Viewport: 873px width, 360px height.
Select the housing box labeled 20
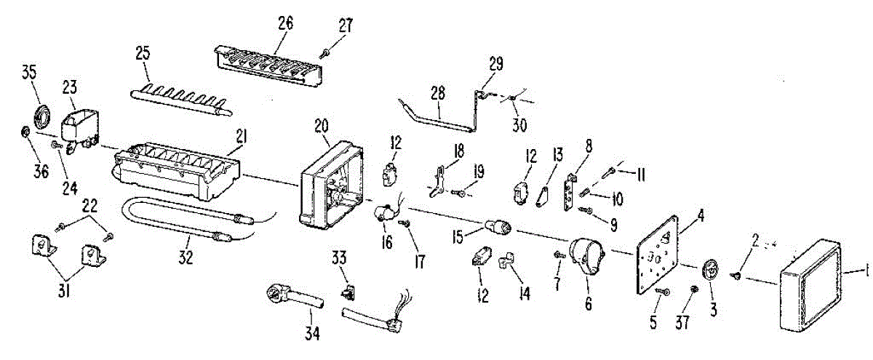click(331, 185)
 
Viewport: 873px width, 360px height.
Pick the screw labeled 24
click(56, 145)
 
